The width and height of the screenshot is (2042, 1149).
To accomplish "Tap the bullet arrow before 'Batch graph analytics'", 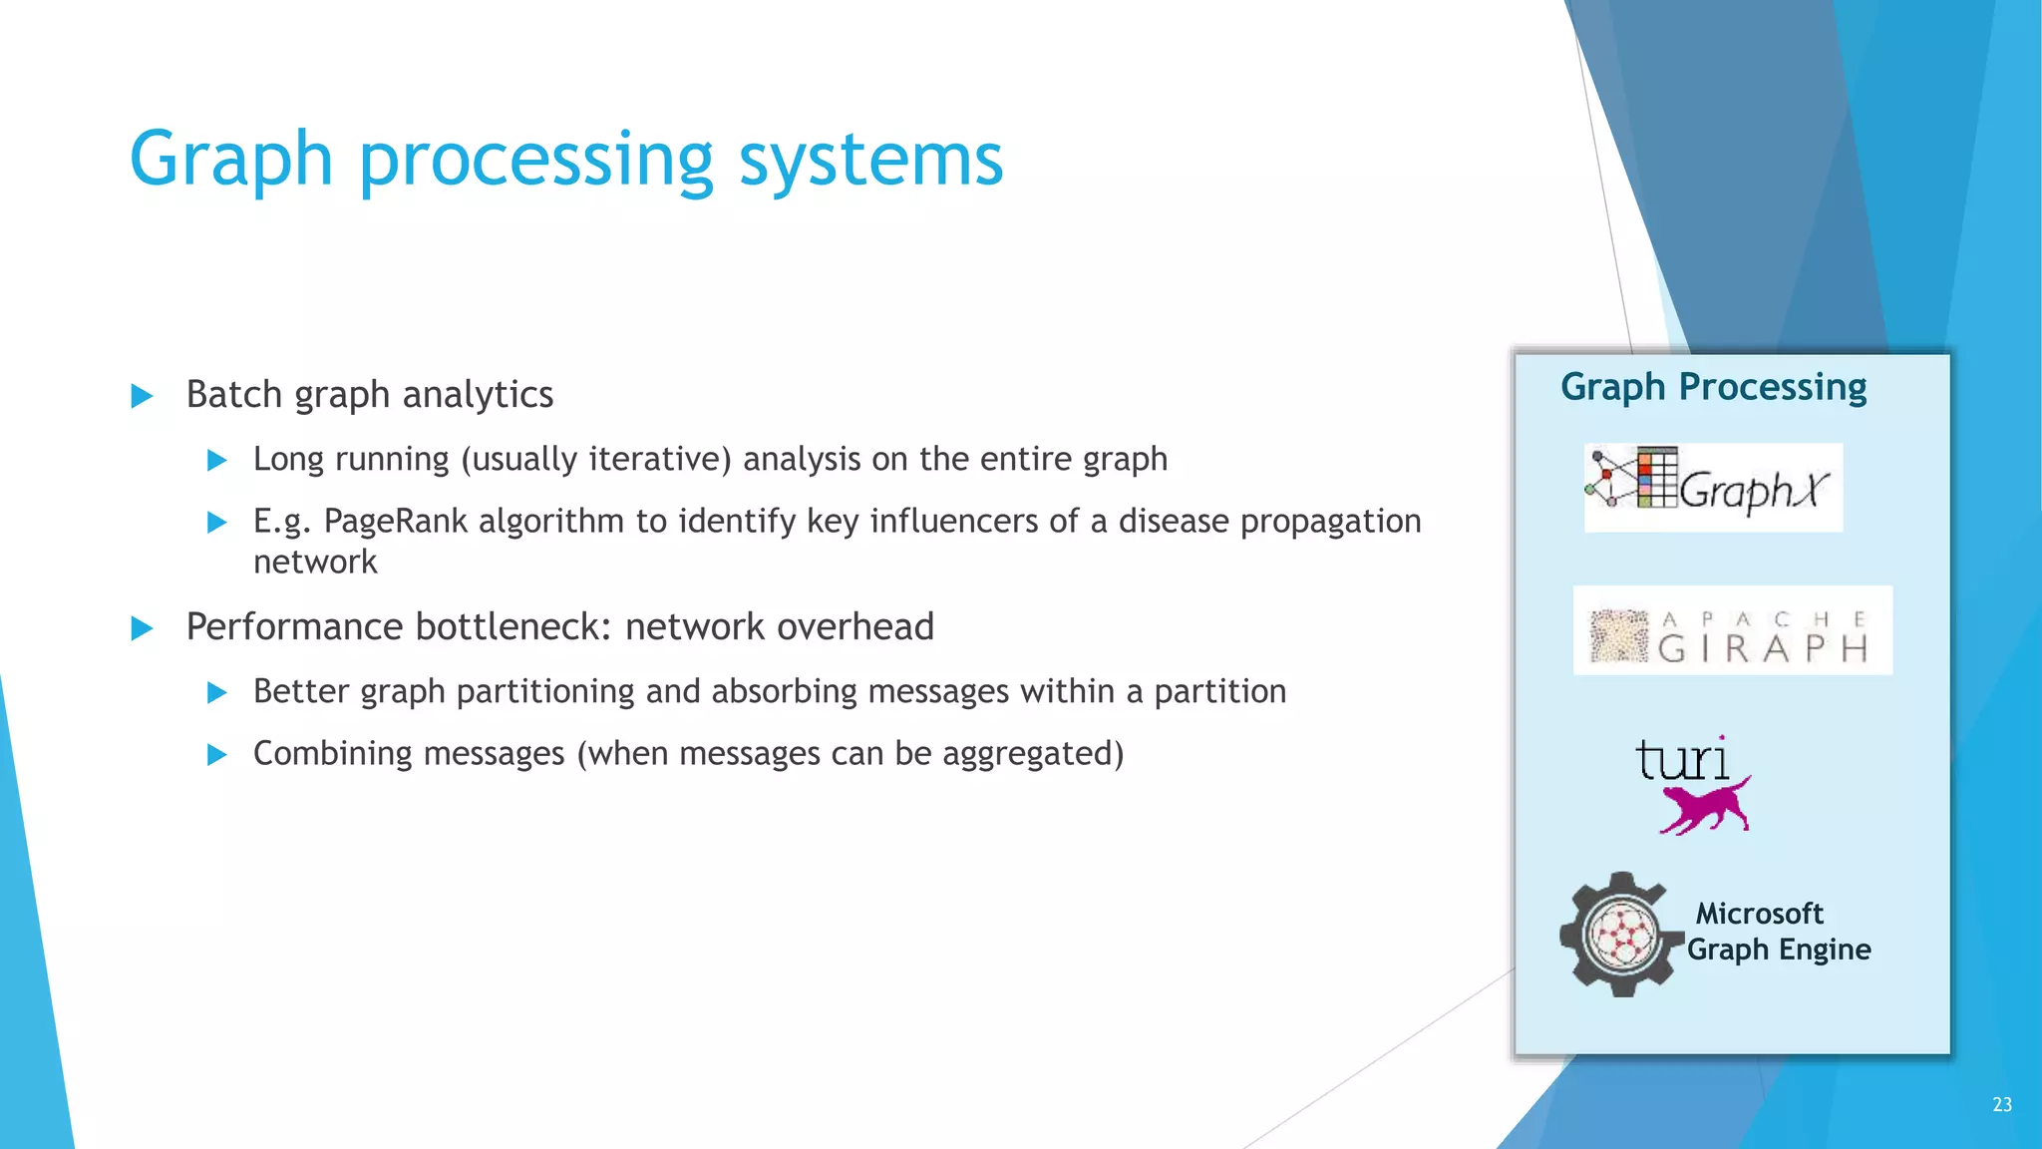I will coord(143,396).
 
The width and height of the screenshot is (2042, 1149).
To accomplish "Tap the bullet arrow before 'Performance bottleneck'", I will coord(143,628).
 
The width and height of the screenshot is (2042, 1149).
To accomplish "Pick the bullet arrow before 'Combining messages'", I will coord(216,755).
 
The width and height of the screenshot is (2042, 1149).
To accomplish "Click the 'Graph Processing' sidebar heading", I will coord(1713,387).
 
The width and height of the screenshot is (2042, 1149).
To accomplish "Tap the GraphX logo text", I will coord(1755,491).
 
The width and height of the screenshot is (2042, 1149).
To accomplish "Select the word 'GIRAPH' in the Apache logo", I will coord(1763,649).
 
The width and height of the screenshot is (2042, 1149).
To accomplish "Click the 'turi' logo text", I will coord(1682,761).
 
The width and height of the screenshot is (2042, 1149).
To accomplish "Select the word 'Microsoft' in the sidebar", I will coord(1759,914).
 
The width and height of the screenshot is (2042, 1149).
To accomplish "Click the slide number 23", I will coord(2001,1104).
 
